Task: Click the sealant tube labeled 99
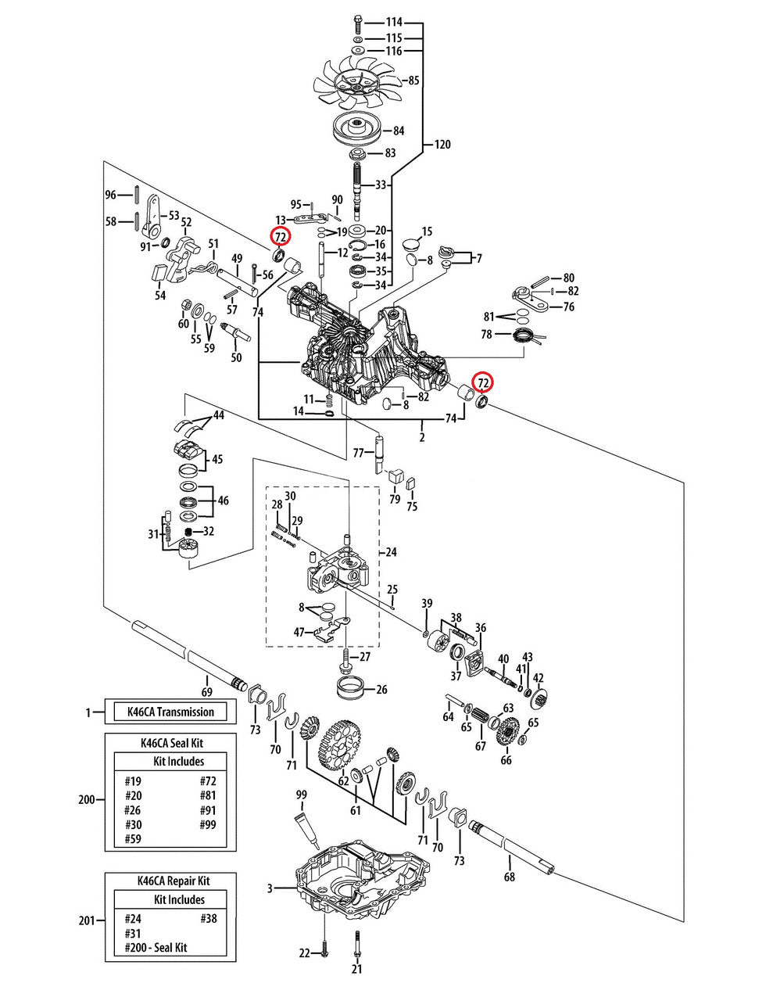pos(304,823)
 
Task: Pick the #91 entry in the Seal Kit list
pos(207,809)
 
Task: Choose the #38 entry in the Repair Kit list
pos(208,918)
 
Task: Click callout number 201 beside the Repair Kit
pos(87,920)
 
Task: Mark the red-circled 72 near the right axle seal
pos(484,382)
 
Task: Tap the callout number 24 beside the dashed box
pos(391,552)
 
